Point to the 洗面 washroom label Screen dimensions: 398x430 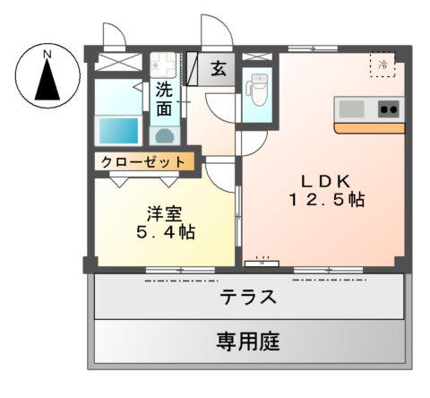click(164, 99)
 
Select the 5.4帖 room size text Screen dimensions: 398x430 click(165, 233)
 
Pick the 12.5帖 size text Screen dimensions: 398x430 click(325, 199)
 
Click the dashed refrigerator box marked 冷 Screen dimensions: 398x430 click(383, 65)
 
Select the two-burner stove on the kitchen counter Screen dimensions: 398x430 click(388, 109)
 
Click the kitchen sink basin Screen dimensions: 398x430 click(351, 109)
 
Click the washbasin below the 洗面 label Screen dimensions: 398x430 click(164, 135)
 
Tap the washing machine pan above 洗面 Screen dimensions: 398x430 click(165, 65)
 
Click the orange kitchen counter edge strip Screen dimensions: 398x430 click(368, 128)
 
